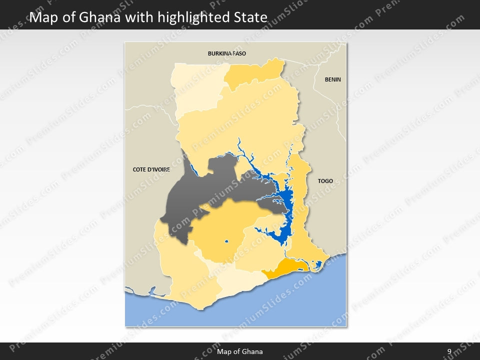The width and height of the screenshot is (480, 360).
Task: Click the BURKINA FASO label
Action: point(227,53)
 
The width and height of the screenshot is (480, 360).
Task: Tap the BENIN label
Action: point(332,79)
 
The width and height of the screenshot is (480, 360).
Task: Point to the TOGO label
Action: point(325,181)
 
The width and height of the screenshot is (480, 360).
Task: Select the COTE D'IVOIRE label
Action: point(151,169)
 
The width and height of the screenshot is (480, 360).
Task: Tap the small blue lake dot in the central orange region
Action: point(226,242)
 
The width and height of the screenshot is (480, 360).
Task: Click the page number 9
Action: point(449,351)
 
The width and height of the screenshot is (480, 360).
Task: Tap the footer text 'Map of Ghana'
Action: point(239,351)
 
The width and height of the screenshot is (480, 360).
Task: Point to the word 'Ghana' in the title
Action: point(100,18)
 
